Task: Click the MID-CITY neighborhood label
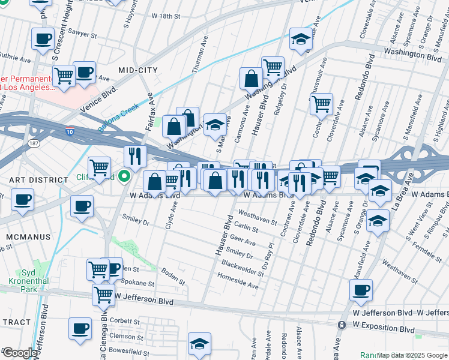(138, 70)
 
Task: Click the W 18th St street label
(166, 16)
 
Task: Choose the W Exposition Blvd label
(384, 330)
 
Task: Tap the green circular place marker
(124, 176)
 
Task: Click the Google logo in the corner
(19, 353)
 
